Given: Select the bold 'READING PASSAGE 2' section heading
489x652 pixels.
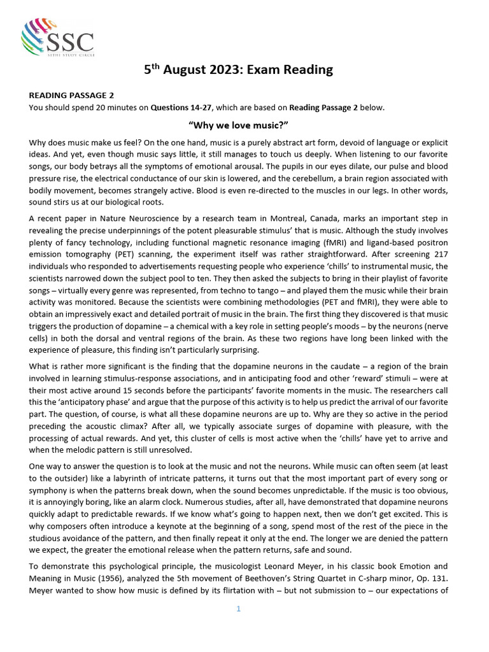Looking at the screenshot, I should [71, 96].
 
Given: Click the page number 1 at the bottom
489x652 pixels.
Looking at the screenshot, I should [238, 609].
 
